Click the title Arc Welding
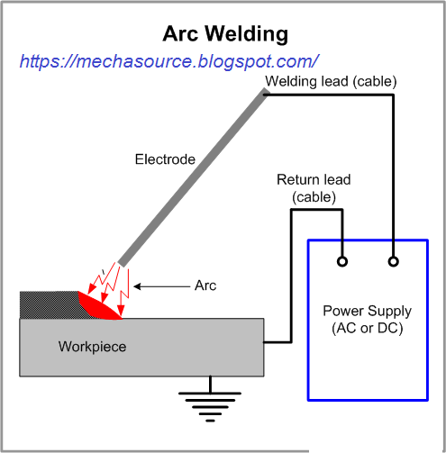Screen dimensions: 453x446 point(224,34)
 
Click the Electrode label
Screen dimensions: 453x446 point(165,159)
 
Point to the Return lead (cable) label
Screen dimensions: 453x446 point(314,186)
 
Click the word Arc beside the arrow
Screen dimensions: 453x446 point(205,286)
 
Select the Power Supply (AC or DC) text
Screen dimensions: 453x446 point(367,320)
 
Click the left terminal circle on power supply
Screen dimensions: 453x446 point(341,262)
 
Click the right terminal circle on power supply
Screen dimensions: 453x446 point(393,262)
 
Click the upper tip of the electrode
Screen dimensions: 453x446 point(264,94)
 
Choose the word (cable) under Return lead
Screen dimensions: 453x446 point(314,195)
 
